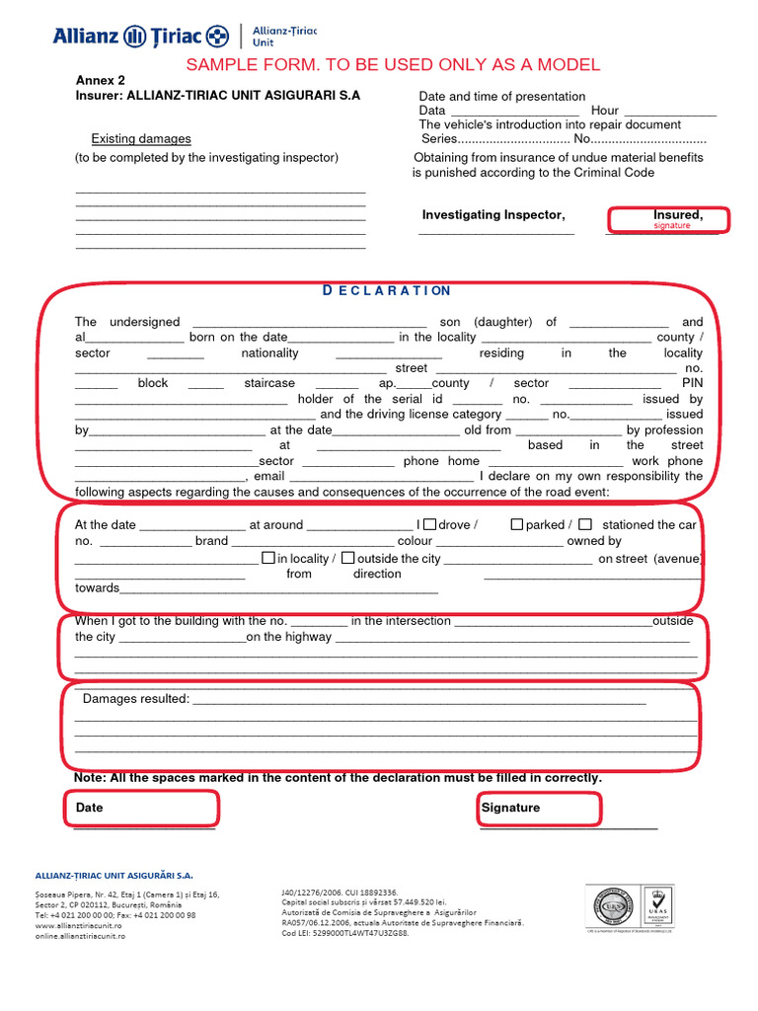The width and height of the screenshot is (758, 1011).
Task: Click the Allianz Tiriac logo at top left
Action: coord(141,37)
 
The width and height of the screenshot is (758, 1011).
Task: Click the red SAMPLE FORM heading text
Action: coord(393,65)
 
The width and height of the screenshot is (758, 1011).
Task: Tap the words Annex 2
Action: coord(101,81)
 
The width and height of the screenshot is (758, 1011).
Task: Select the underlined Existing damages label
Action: coord(141,139)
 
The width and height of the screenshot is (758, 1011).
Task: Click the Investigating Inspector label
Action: coord(493,215)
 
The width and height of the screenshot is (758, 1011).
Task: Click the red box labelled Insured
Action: coord(668,219)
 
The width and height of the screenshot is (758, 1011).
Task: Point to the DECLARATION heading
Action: coord(387,290)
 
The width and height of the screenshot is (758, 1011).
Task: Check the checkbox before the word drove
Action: coord(429,524)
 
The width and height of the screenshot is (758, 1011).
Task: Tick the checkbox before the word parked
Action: coord(516,524)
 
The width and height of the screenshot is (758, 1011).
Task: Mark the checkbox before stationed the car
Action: coord(585,524)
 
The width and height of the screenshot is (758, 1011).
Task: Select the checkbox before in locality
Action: coord(268,557)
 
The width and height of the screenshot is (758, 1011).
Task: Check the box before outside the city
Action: coord(348,557)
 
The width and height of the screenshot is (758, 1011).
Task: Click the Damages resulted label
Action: coord(136,699)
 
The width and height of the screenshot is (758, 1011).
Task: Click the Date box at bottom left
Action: coord(142,809)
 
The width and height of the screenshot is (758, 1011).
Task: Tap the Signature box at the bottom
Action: coord(538,809)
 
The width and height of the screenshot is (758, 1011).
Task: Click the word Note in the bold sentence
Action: coord(90,778)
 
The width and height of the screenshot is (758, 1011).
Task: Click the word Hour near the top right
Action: coord(605,111)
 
